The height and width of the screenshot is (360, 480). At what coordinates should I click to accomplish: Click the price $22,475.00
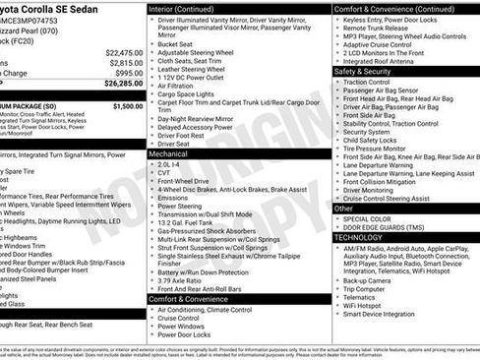(x=123, y=52)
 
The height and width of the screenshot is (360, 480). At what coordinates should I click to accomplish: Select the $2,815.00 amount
(x=125, y=63)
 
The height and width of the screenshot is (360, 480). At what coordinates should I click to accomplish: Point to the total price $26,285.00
(x=123, y=84)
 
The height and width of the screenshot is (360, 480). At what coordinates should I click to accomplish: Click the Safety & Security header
(x=362, y=72)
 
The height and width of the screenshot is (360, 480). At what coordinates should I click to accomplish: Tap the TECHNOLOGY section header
(x=358, y=238)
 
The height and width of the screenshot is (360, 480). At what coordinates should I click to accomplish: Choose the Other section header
(x=343, y=209)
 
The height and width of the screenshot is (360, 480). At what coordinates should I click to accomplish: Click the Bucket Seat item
(x=176, y=44)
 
